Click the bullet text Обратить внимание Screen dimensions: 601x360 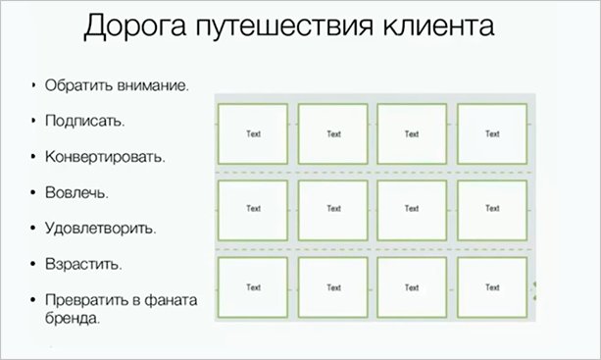116,85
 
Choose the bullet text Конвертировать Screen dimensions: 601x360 105,157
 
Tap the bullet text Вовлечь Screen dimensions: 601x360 76,192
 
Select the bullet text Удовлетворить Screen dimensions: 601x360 100,229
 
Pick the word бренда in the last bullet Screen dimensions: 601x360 72,318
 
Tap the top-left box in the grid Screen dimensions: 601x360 253,132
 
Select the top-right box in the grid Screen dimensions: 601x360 492,132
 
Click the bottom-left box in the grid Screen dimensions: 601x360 253,287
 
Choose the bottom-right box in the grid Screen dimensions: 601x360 492,287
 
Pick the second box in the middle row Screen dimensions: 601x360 333,209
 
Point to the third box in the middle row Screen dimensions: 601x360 412,209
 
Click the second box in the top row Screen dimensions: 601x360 333,132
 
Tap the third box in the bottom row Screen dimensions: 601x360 412,287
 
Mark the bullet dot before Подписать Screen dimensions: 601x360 33,122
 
